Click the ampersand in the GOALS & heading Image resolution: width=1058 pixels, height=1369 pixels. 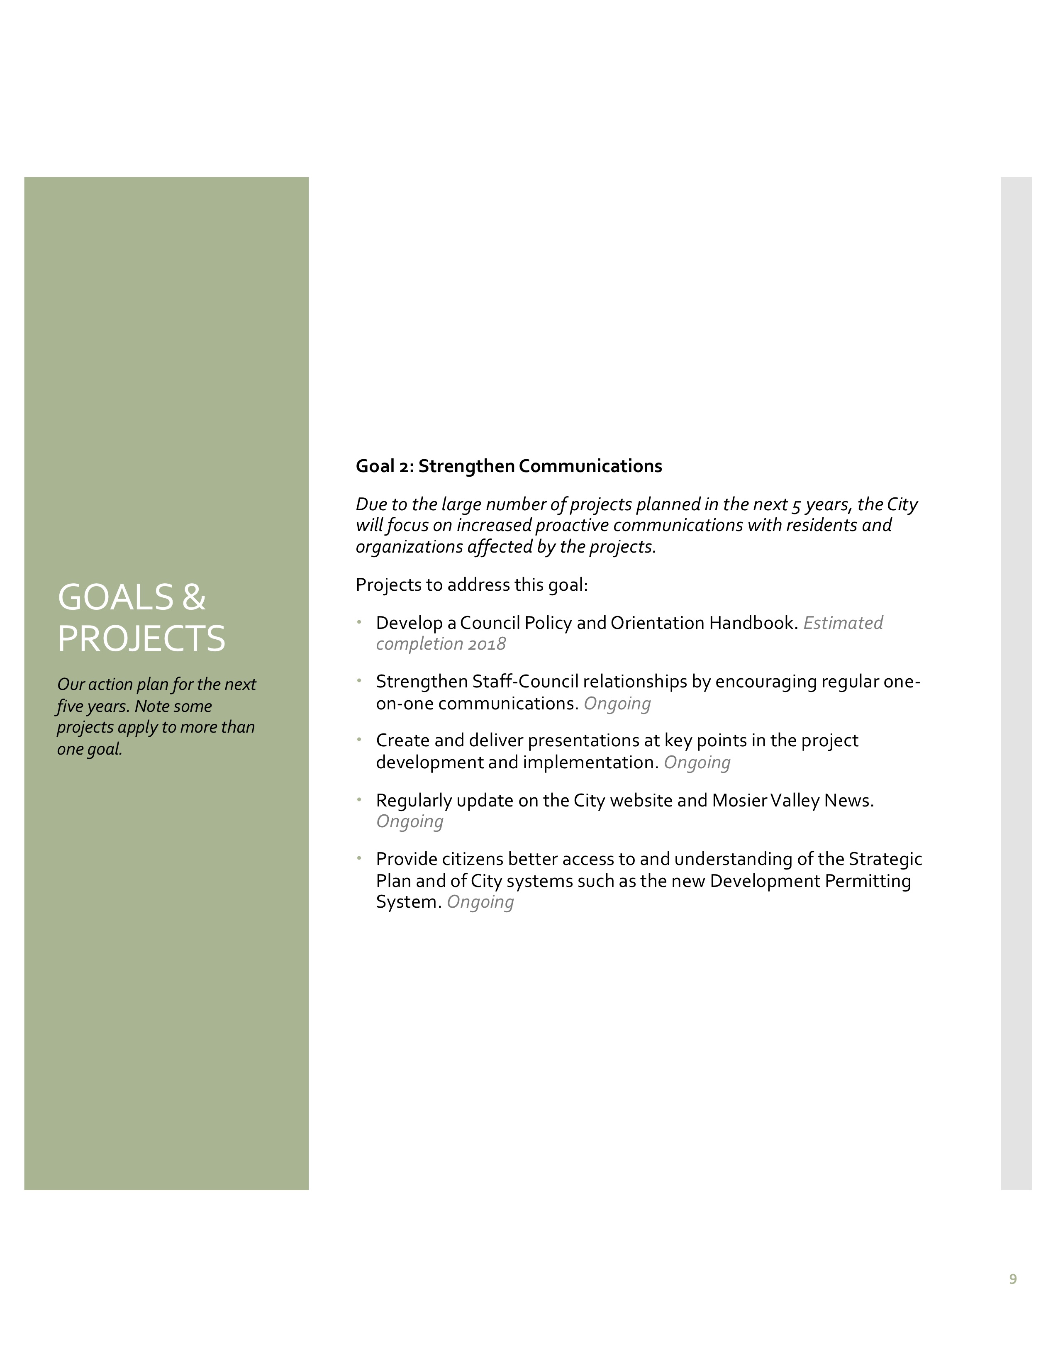click(x=194, y=597)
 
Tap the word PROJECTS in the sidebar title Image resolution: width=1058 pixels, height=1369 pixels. click(x=141, y=639)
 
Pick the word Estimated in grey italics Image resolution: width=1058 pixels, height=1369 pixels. click(x=843, y=623)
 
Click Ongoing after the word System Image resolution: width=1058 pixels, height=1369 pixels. click(x=480, y=903)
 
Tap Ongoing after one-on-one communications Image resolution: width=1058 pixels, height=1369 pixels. click(x=617, y=704)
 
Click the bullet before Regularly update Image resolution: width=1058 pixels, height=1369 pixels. click(x=359, y=799)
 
